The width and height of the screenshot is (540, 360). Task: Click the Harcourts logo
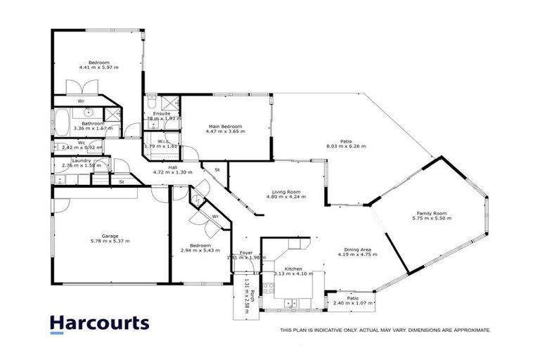point(99,323)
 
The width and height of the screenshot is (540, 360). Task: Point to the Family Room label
point(432,213)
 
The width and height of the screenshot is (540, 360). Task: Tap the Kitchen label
point(288,268)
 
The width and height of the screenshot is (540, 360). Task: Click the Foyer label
point(246,252)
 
